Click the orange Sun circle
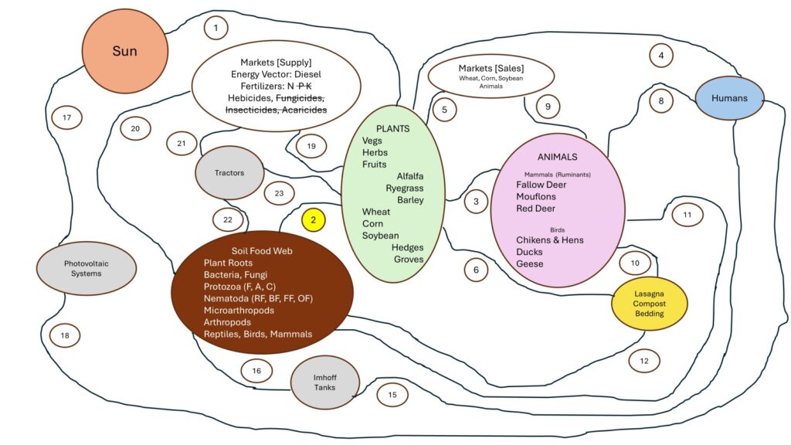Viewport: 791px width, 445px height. click(x=125, y=51)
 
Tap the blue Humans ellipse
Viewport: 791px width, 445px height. click(x=729, y=98)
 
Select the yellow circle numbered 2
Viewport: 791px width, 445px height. click(x=314, y=220)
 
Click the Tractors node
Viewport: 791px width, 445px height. click(x=229, y=172)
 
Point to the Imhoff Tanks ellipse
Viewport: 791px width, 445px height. click(x=325, y=382)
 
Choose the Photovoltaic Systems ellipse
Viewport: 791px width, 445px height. click(x=87, y=268)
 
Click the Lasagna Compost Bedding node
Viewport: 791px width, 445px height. click(x=649, y=303)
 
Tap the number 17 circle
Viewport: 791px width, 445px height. click(x=67, y=117)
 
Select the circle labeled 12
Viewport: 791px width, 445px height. click(x=644, y=361)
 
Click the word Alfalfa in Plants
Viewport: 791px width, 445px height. click(x=410, y=176)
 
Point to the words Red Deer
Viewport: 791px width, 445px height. click(x=535, y=209)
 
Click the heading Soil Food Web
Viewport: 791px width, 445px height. click(x=262, y=251)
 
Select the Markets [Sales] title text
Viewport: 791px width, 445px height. click(x=491, y=68)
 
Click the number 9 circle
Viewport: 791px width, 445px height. click(x=548, y=107)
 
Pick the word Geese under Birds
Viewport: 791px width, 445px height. click(x=530, y=263)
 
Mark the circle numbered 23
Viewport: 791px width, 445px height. click(x=279, y=193)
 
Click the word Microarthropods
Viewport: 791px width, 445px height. click(x=239, y=311)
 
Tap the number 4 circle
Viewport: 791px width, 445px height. click(x=661, y=56)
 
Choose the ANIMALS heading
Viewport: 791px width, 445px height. click(x=558, y=157)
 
